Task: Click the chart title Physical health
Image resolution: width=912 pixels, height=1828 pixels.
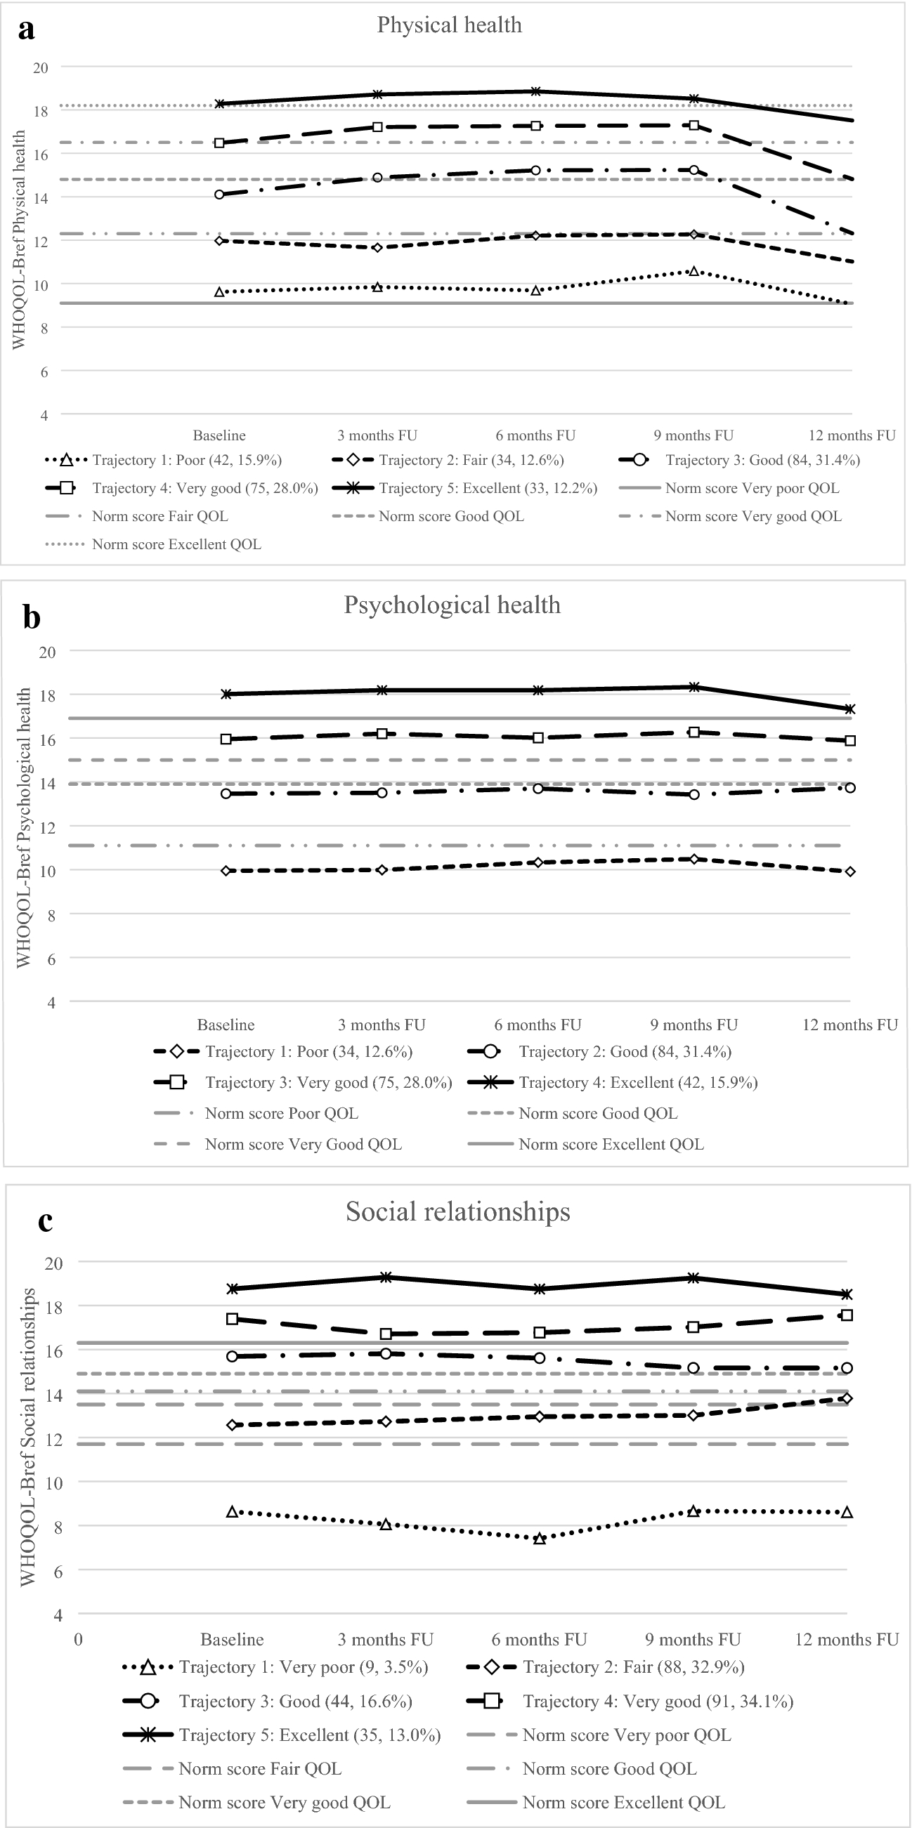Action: pos(449,25)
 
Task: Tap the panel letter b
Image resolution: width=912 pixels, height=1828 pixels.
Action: pos(31,617)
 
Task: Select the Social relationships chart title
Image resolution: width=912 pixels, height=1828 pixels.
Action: pos(458,1211)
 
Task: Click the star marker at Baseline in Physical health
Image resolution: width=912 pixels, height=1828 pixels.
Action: pos(220,104)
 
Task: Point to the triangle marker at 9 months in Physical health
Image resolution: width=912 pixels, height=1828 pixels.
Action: pos(694,271)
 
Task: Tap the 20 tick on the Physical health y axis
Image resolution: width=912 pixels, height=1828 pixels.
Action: pos(41,67)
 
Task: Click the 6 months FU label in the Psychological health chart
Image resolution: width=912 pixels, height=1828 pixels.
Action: pos(538,1025)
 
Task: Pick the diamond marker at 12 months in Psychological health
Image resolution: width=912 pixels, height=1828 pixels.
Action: pos(850,872)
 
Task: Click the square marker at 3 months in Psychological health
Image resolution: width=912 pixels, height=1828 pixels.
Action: pos(382,734)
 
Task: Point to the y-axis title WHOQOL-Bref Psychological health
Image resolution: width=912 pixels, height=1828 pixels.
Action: pos(23,827)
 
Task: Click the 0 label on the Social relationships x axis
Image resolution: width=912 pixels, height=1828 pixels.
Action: pos(78,1639)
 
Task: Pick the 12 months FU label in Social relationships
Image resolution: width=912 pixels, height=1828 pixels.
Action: pos(847,1639)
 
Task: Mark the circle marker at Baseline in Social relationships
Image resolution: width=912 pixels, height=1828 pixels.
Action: pos(232,1356)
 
